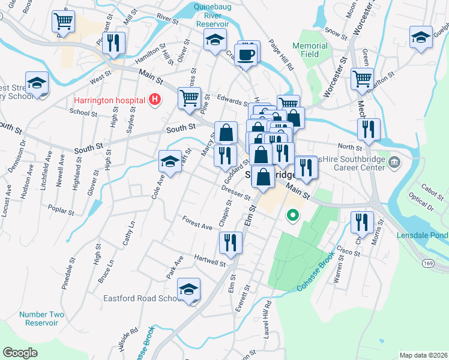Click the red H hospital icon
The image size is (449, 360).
coord(155,99)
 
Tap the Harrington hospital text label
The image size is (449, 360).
coord(110,100)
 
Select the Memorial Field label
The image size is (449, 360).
coord(310,50)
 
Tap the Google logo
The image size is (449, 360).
coord(20,352)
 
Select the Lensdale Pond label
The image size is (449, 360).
coord(421,236)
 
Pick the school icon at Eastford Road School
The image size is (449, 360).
coord(189,290)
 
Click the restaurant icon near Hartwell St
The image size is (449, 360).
coord(230,242)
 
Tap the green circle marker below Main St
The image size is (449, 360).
coord(293,214)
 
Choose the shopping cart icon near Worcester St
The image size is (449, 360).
coord(362,79)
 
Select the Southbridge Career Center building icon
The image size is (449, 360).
coord(394,161)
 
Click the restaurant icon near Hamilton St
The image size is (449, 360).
coord(112,43)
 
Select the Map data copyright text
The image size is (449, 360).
coord(423,355)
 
